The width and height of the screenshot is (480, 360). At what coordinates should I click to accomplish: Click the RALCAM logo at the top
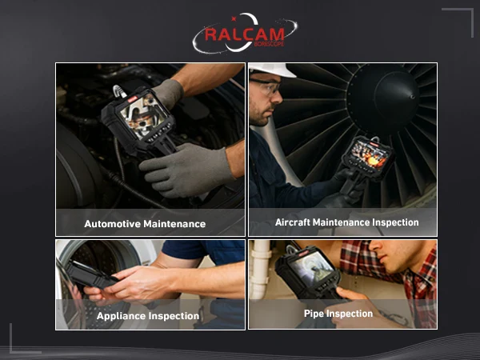[x=245, y=33]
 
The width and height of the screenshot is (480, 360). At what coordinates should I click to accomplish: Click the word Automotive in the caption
[x=112, y=224]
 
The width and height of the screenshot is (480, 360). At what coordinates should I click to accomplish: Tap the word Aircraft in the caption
[x=292, y=222]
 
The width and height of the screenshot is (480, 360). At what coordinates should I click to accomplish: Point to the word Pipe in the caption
[x=314, y=314]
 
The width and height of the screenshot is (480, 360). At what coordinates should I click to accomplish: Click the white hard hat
[x=271, y=70]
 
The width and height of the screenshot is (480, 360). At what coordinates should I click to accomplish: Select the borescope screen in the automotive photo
[x=143, y=115]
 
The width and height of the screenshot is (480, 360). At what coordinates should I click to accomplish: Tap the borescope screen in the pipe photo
[x=310, y=267]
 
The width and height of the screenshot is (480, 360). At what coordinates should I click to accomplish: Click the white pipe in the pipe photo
[x=259, y=270]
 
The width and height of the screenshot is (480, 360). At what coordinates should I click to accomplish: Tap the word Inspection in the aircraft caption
[x=395, y=222]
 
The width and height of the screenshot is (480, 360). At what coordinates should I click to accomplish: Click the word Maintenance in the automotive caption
[x=174, y=224]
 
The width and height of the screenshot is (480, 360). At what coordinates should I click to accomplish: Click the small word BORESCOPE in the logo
[x=269, y=44]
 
